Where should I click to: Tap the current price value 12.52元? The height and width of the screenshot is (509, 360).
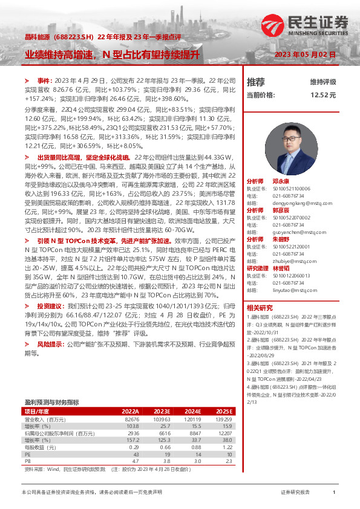click(x=323, y=95)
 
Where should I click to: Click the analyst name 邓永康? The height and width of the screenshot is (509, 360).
click(x=281, y=164)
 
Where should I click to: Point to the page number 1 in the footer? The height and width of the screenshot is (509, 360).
click(x=334, y=492)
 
